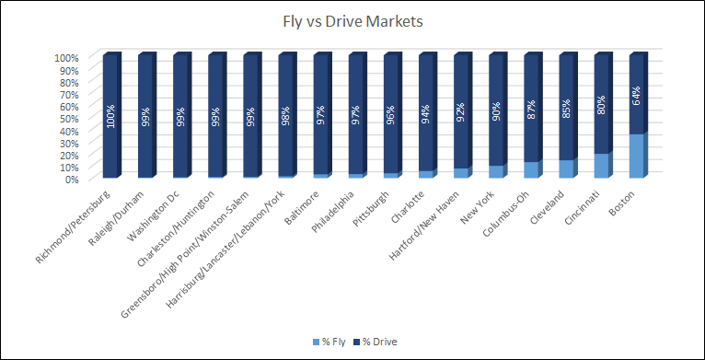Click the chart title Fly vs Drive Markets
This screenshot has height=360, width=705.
click(x=352, y=19)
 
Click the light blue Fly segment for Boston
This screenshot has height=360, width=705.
click(x=636, y=156)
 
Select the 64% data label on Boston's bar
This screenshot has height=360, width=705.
click(x=636, y=96)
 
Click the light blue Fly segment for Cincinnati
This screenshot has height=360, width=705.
click(x=601, y=166)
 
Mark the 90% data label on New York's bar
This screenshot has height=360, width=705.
click(x=496, y=111)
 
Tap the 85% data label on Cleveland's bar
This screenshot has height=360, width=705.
click(x=566, y=109)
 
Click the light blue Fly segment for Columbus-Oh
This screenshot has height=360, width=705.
click(x=530, y=169)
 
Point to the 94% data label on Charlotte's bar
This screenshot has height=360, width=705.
click(x=425, y=113)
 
